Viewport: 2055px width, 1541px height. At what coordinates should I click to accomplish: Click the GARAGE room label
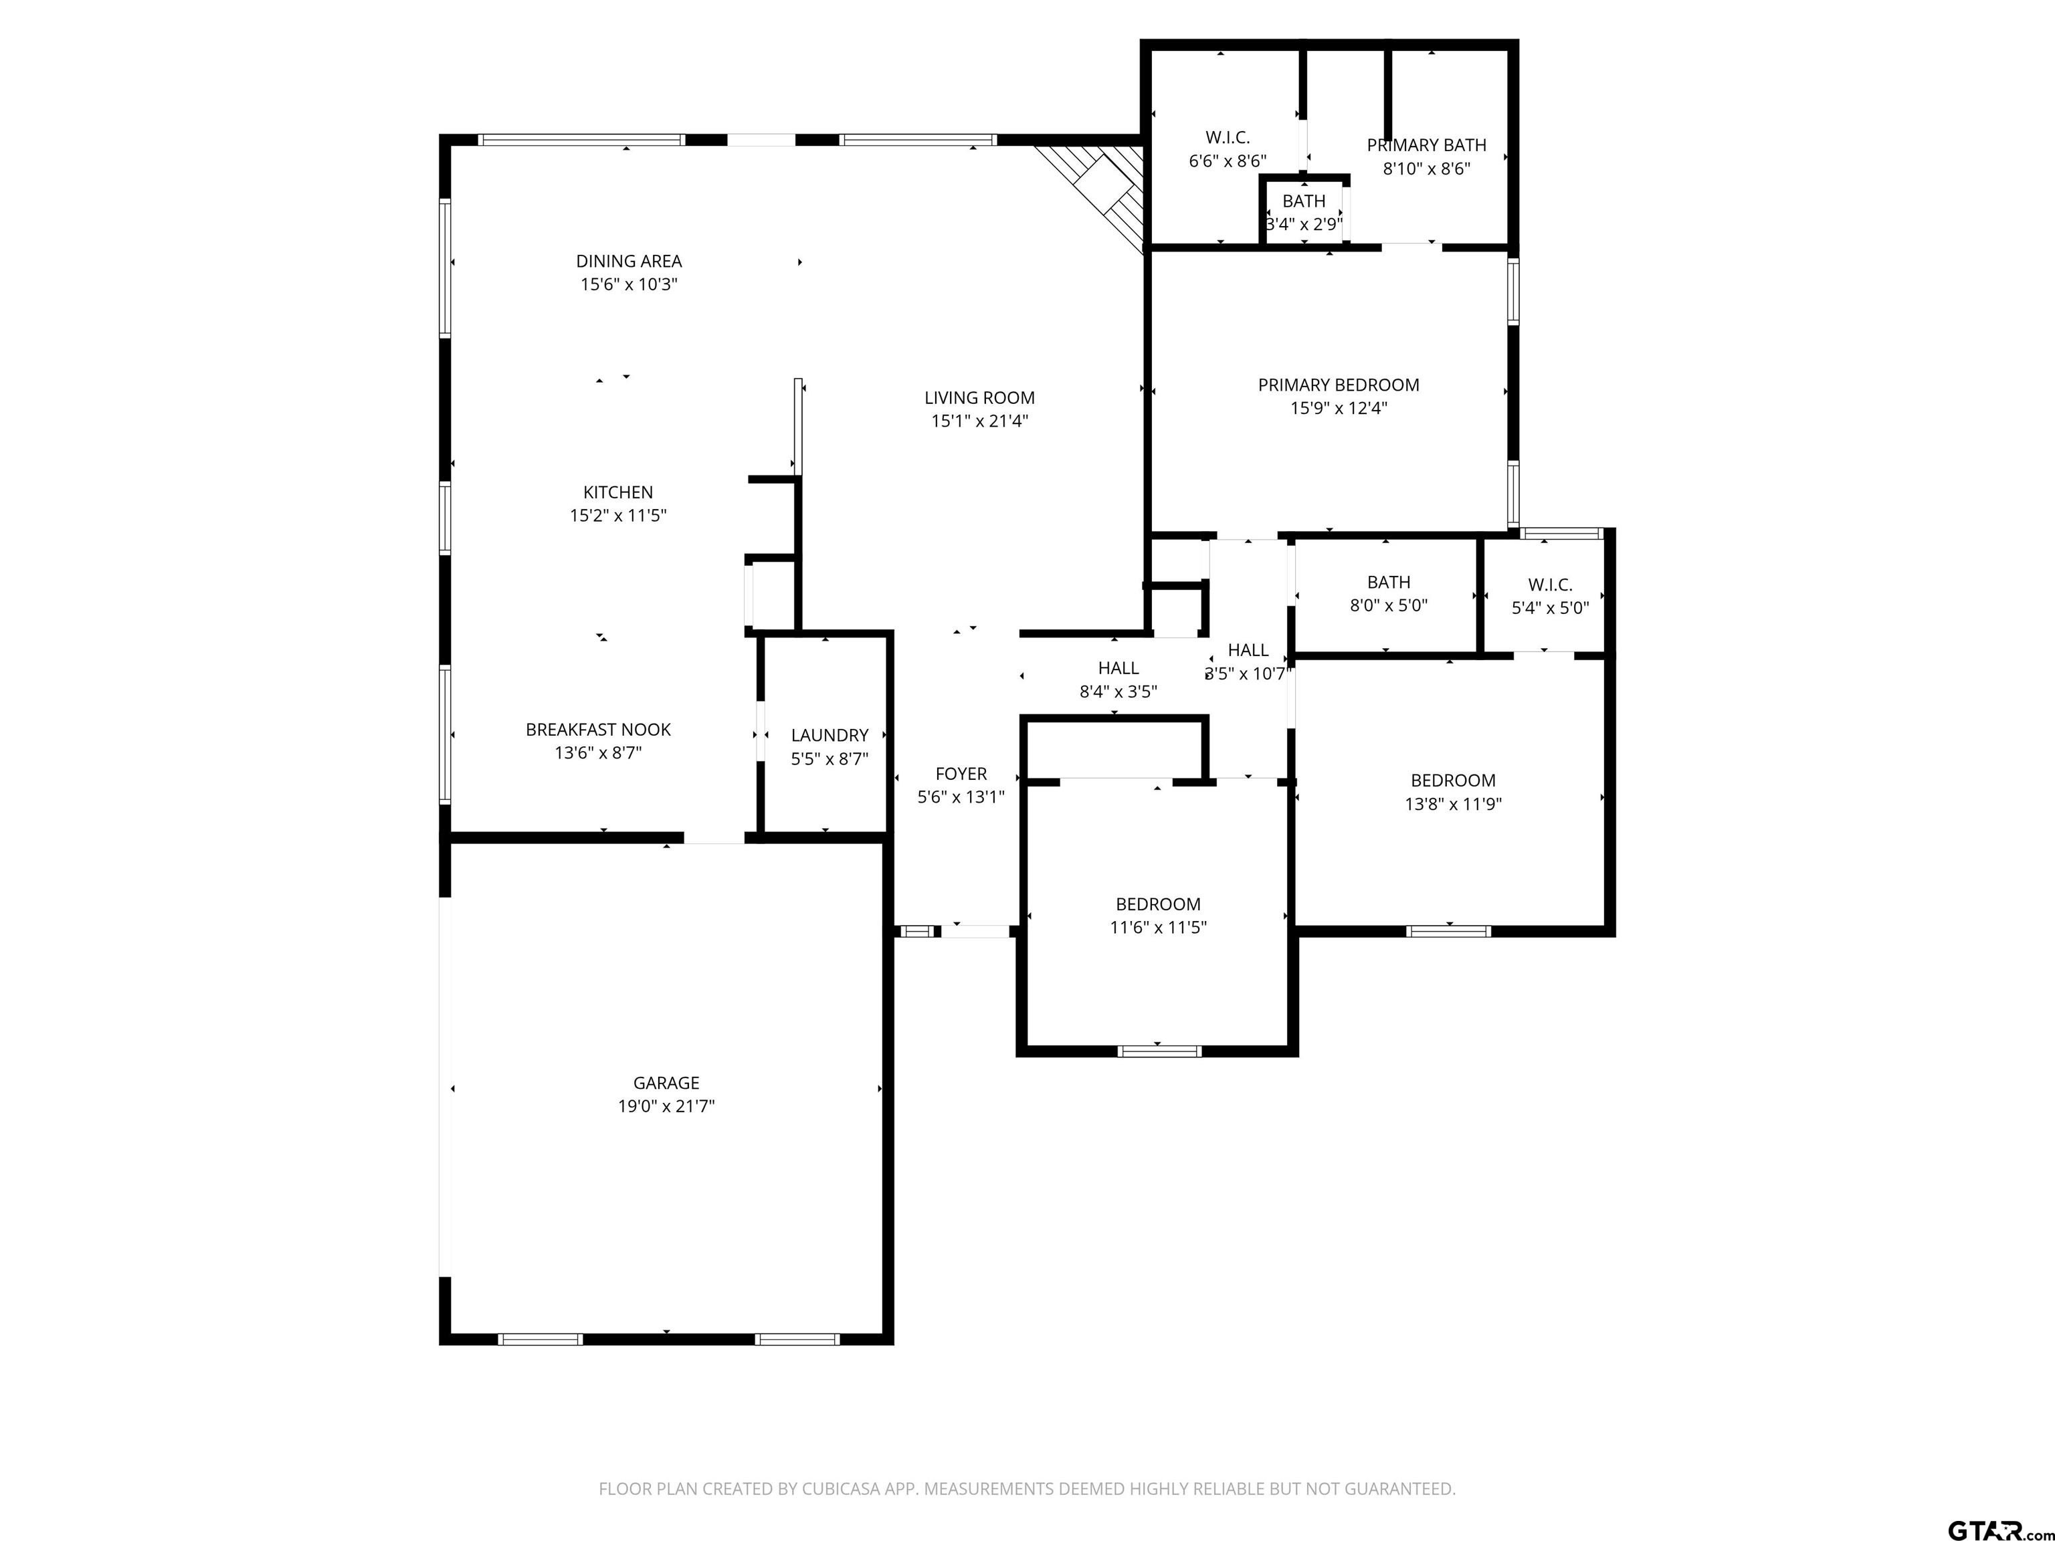click(x=666, y=1082)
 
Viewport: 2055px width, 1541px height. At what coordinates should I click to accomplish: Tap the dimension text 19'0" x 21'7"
click(x=666, y=1106)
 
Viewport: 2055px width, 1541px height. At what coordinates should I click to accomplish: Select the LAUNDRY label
click(x=829, y=735)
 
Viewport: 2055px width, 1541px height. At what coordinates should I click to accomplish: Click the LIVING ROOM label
click(x=979, y=397)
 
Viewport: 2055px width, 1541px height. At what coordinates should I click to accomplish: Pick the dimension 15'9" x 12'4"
click(x=1338, y=408)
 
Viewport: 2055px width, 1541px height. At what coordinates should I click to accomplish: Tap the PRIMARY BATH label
click(x=1426, y=145)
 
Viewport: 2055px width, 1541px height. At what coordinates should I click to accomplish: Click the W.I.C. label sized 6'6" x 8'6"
click(x=1228, y=138)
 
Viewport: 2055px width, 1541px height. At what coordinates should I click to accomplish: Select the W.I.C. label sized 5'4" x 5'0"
click(x=1549, y=585)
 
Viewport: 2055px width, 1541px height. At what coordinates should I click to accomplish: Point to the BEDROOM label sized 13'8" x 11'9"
click(x=1453, y=781)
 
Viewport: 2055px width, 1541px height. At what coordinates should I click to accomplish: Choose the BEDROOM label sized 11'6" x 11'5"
click(x=1157, y=904)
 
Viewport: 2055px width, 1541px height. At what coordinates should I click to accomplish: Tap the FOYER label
click(x=961, y=773)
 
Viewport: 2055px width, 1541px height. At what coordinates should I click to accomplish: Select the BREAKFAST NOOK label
click(x=597, y=729)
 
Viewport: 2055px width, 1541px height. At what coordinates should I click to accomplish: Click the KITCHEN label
click(x=618, y=492)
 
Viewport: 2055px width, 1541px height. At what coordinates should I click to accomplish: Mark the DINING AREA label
click(x=628, y=261)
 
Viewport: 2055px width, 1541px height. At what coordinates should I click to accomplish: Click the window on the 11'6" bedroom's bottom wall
click(x=1159, y=1051)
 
